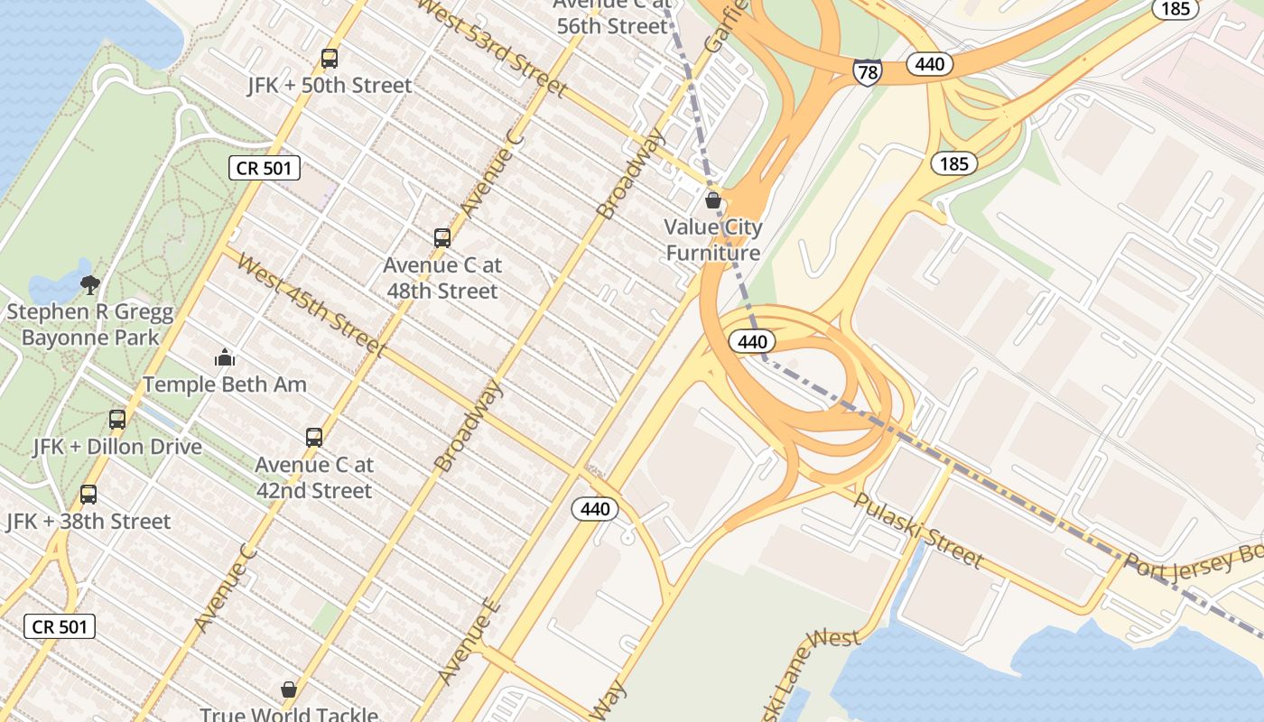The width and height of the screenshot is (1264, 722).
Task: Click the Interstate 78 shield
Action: click(867, 70)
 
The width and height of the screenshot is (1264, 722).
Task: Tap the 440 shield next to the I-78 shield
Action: click(929, 63)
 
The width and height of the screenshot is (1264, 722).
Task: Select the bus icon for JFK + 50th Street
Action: click(330, 59)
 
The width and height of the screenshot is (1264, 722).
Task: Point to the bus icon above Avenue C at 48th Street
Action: click(441, 238)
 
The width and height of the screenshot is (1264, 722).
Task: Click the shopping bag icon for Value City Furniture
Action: click(713, 200)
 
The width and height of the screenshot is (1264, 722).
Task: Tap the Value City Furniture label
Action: click(713, 240)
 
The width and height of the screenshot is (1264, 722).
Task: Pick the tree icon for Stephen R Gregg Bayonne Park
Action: click(89, 285)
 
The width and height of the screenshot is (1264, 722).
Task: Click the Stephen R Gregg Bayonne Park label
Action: click(90, 326)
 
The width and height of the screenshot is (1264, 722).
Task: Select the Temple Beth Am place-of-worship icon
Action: click(225, 358)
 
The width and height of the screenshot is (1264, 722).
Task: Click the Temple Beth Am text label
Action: click(225, 384)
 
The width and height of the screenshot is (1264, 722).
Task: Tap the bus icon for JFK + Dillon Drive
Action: click(117, 420)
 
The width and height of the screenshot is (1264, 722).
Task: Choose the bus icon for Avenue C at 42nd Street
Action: click(314, 438)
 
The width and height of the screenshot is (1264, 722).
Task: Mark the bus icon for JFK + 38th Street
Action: click(88, 495)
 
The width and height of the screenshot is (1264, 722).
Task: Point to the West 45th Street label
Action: click(312, 301)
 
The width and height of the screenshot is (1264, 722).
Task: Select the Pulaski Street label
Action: click(917, 531)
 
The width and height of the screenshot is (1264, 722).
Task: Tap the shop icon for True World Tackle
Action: click(289, 690)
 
